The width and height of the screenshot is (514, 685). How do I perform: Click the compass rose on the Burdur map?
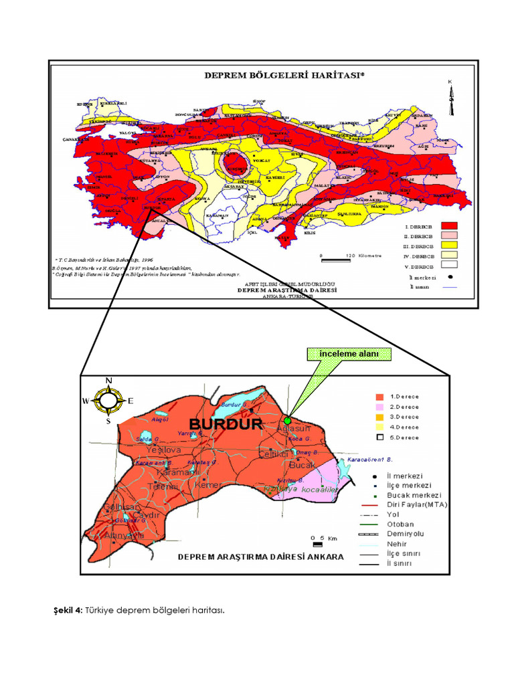[108, 401]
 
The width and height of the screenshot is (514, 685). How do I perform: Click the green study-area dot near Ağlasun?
[287, 420]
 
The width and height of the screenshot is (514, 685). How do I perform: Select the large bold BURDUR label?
[226, 424]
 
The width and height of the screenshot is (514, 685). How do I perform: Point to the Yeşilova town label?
[160, 450]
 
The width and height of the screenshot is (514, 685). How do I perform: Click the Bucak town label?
[301, 464]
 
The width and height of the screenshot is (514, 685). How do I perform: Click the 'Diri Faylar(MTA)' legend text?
[417, 504]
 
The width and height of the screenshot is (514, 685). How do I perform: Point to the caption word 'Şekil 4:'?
[68, 610]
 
